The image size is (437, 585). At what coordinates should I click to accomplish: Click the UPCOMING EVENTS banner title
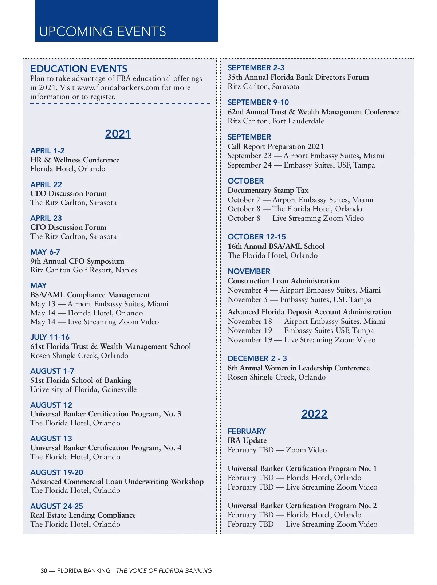[102, 32]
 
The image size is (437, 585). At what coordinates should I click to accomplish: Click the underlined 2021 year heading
[118, 134]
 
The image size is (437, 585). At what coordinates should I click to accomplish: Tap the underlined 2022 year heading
[314, 414]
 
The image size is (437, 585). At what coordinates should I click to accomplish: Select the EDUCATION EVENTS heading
[79, 69]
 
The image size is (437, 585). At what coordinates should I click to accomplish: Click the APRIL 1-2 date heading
[47, 151]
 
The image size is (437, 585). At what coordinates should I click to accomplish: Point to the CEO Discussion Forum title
[68, 193]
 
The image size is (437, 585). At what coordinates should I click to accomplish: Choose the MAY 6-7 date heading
[45, 252]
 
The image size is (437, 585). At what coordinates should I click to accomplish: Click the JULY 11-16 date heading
[50, 337]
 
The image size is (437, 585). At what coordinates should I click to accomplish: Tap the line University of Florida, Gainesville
[83, 389]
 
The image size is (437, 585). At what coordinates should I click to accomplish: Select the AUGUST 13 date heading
[51, 439]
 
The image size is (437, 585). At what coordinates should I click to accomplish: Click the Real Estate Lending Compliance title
[83, 515]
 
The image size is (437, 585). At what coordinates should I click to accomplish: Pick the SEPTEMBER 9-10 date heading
[258, 102]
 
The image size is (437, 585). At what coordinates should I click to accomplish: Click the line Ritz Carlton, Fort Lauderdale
[276, 121]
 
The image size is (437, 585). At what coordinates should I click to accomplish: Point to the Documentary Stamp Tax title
[268, 190]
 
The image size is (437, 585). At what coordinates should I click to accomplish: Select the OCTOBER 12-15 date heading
[257, 237]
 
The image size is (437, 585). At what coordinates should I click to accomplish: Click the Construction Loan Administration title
[283, 281]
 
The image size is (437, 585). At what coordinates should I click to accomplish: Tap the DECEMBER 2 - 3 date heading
[257, 358]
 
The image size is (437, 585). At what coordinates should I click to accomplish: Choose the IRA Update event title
[247, 440]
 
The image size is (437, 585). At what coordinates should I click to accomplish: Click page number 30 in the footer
[44, 571]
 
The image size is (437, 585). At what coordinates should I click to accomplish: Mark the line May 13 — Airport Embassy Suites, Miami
[99, 304]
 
